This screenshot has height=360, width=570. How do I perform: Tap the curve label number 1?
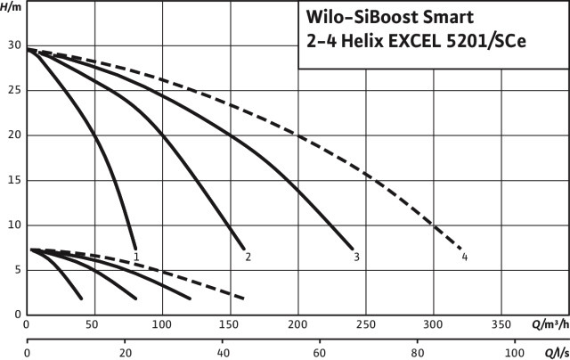[136, 257]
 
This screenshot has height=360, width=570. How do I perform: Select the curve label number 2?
[248, 258]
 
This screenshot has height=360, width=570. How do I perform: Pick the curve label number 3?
[356, 258]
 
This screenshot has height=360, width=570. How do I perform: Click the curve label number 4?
[465, 258]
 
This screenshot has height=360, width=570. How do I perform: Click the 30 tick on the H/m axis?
[12, 45]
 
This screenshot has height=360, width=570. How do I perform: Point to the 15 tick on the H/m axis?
[12, 180]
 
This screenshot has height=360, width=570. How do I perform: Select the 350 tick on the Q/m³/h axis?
[501, 325]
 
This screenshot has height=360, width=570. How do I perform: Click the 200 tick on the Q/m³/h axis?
[298, 325]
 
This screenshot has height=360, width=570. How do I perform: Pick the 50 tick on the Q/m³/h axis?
[94, 325]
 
